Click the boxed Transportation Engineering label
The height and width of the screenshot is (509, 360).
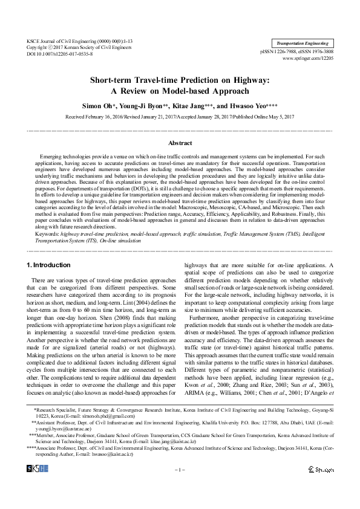point(303,44)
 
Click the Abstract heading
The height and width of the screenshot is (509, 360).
point(180,143)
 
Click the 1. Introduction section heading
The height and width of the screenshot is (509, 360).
point(49,265)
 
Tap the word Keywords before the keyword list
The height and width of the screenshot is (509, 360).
point(47,232)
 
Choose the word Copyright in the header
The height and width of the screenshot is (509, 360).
point(38,47)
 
